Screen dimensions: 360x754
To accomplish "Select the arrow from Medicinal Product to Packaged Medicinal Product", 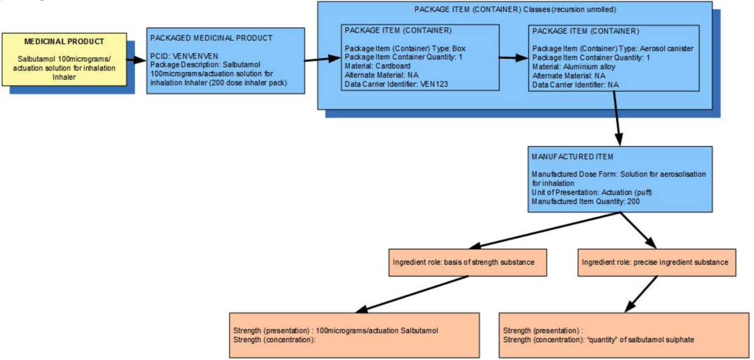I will pos(137,60).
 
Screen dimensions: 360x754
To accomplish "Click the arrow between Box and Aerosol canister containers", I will pos(514,58).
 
